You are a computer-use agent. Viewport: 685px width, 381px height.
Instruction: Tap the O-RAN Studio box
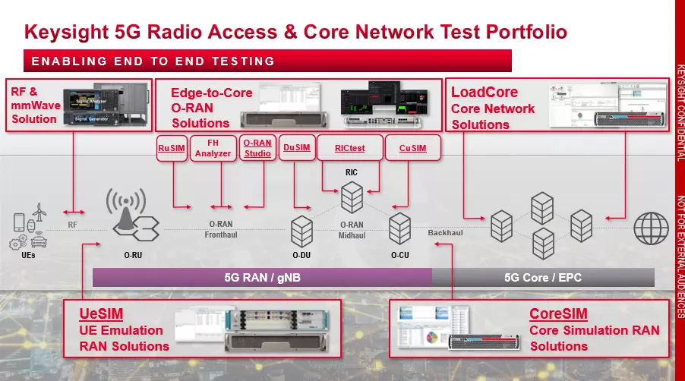(257, 148)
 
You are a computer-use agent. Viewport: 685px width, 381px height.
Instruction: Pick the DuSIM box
(296, 148)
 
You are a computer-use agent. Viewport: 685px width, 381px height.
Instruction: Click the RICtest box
(349, 148)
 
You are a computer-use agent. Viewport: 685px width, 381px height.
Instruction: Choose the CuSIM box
(412, 148)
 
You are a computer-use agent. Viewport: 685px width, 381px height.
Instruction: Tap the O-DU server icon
(301, 230)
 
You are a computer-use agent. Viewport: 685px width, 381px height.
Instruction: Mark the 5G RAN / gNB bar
(262, 278)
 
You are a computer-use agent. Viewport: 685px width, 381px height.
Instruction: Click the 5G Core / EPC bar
(542, 278)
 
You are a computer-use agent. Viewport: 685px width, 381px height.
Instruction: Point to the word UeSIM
(102, 313)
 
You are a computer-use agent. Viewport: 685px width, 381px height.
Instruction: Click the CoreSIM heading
(558, 313)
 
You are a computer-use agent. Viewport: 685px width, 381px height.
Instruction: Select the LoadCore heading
(485, 92)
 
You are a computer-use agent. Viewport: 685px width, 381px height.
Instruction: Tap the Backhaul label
(445, 233)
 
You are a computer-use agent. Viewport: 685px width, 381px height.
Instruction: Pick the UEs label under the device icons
(28, 255)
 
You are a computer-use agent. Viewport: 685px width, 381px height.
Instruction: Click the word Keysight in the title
(64, 32)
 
